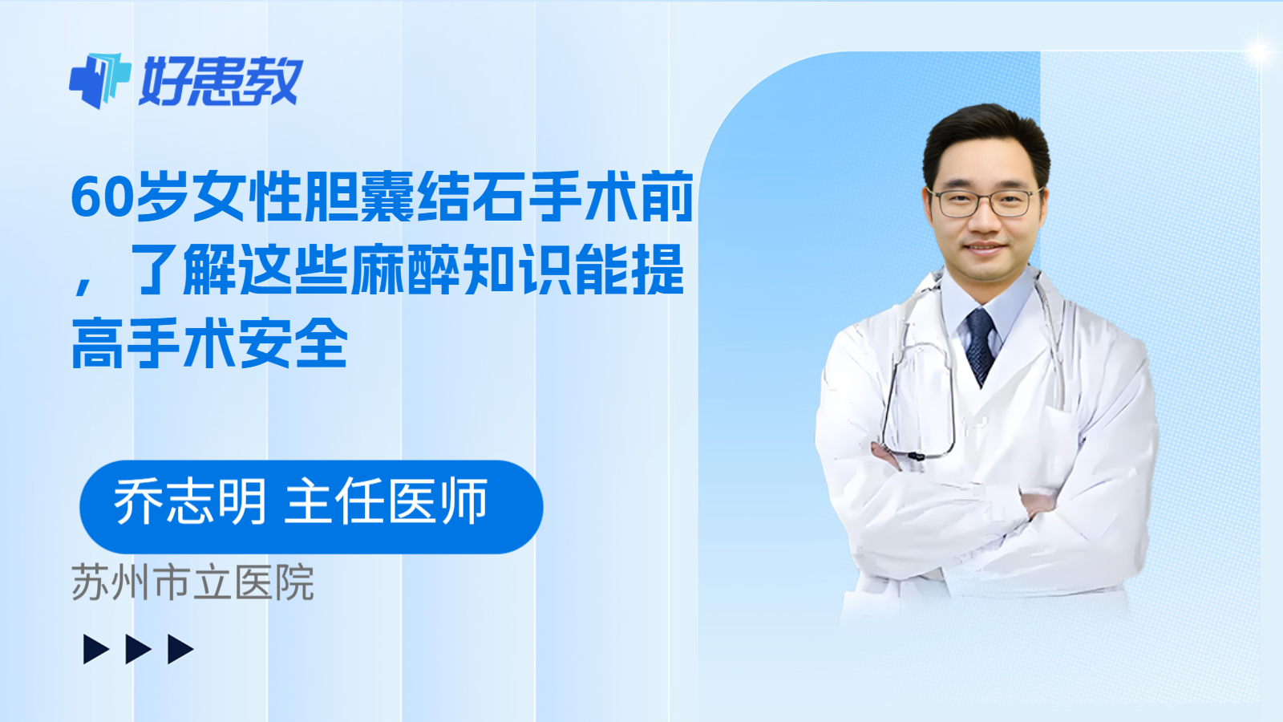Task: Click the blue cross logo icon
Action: [x=99, y=80]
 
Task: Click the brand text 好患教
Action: [x=221, y=81]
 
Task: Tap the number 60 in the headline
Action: [x=101, y=197]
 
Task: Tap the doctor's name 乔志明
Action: [x=189, y=502]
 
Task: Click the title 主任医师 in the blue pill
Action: [x=387, y=502]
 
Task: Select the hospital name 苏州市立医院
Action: [x=192, y=583]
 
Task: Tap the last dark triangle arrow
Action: [x=180, y=649]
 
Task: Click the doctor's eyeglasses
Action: [x=984, y=203]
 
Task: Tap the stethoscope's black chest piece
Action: [x=916, y=456]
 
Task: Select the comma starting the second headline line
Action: [x=83, y=282]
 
